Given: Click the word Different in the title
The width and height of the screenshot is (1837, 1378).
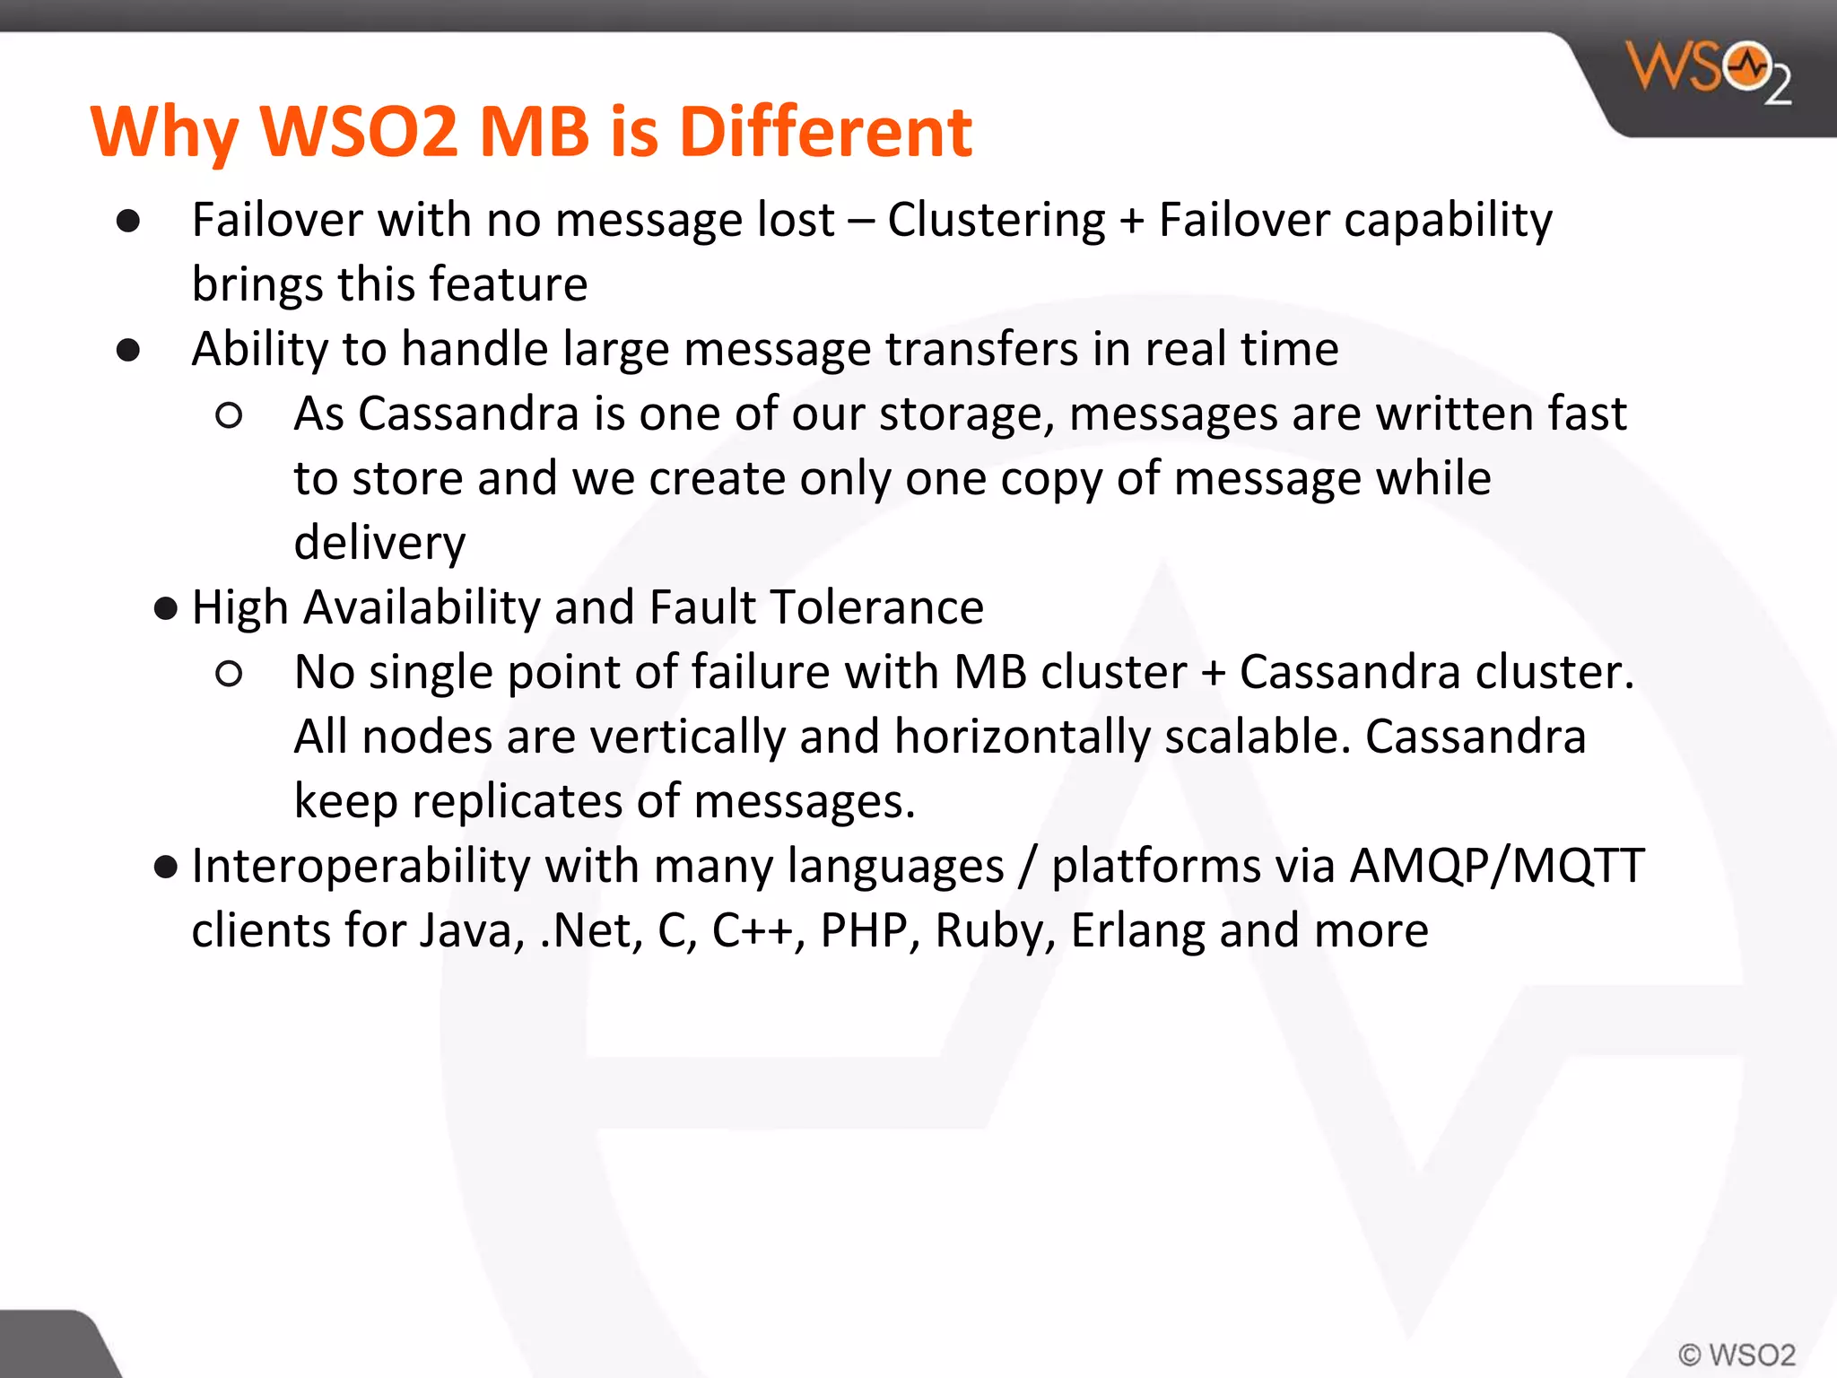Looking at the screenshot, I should coord(825,131).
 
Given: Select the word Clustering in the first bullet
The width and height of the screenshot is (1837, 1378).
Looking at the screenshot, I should coord(997,220).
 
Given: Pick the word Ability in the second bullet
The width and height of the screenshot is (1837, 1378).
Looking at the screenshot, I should coord(260,350).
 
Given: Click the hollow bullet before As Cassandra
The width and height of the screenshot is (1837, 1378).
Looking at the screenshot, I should coord(229,415).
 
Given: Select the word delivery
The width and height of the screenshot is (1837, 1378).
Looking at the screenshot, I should coord(379,544).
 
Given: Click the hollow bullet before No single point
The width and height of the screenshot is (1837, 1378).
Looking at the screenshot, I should coord(229,674).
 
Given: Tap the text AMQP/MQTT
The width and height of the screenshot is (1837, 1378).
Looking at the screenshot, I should coord(1496,867).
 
